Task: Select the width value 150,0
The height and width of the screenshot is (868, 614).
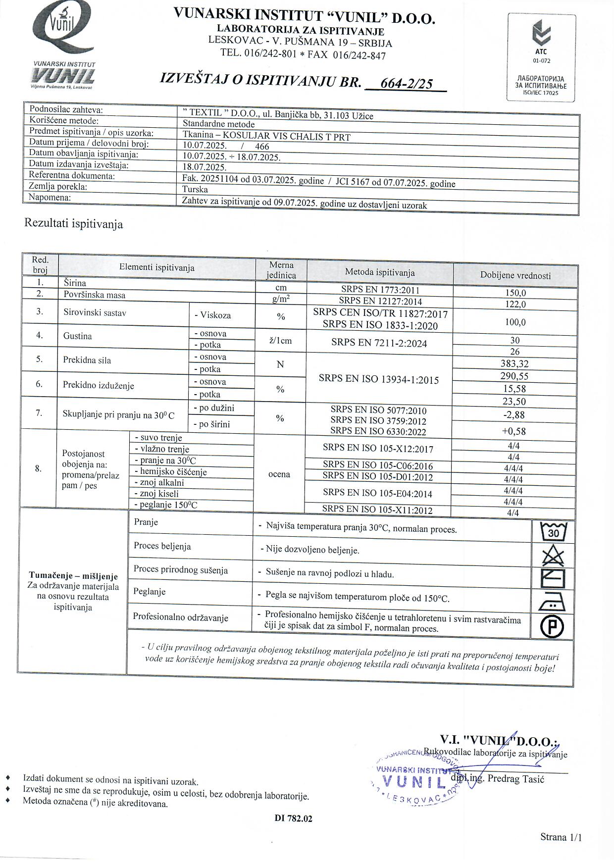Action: click(515, 293)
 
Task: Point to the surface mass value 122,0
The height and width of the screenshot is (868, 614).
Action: click(515, 304)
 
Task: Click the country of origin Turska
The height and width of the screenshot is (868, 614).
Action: click(195, 189)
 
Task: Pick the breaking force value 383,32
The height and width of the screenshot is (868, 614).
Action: click(514, 364)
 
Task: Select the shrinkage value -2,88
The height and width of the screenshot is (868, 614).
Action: click(514, 415)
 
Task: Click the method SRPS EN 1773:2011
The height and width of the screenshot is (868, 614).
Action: click(380, 290)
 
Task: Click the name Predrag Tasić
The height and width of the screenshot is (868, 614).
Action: click(515, 778)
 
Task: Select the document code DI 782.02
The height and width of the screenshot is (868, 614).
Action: click(294, 818)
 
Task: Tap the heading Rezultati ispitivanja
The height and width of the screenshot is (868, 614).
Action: click(73, 224)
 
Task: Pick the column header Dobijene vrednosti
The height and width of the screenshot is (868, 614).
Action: click(515, 276)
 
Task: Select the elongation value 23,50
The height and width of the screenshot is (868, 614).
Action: click(514, 402)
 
